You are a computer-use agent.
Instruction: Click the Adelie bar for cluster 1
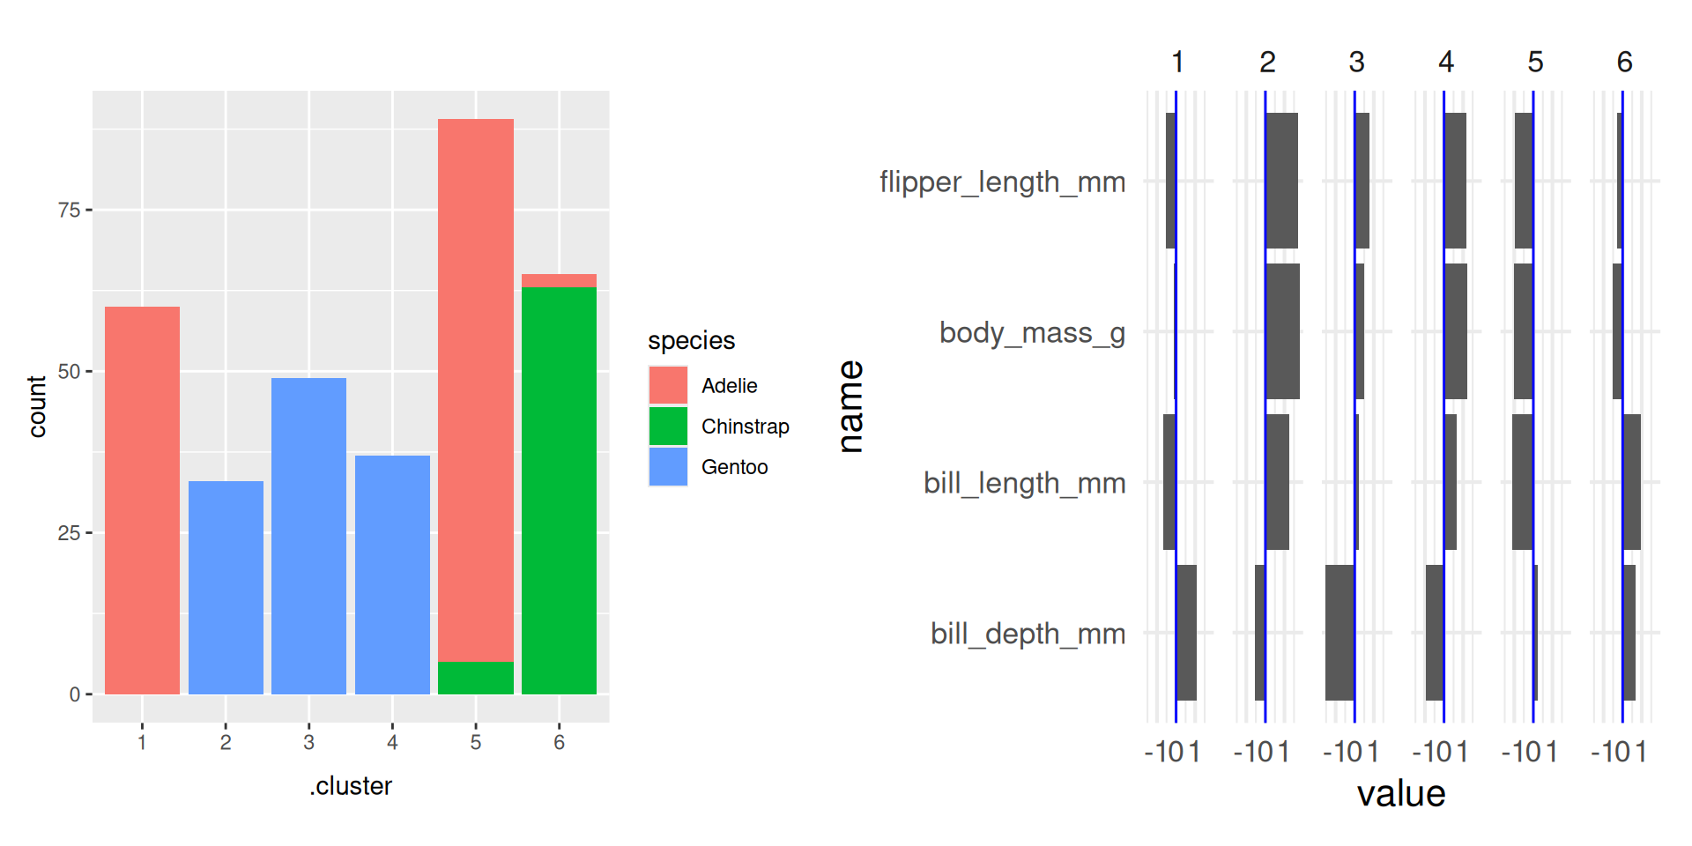142,500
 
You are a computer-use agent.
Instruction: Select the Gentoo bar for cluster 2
226,587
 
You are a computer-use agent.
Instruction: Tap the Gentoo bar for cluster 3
308,536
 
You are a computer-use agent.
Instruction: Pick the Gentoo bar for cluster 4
392,575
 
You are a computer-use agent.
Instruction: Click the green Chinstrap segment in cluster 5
476,678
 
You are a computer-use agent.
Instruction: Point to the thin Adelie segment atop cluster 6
559,280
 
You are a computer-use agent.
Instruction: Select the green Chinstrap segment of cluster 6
559,490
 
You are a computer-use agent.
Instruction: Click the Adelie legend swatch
668,385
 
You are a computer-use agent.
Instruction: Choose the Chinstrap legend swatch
668,426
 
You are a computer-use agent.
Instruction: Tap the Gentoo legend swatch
668,466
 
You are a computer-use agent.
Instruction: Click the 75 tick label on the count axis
69,210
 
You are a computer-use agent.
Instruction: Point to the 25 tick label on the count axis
69,533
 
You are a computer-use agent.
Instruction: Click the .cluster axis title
351,786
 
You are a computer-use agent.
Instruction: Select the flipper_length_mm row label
1002,182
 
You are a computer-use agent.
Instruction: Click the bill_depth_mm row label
1028,634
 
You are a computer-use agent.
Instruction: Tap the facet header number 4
1445,62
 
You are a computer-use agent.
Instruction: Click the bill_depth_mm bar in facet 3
1339,633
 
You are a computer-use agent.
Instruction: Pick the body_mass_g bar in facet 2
1282,331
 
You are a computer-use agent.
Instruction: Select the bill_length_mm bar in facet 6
1631,482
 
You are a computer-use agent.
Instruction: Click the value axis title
1401,794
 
